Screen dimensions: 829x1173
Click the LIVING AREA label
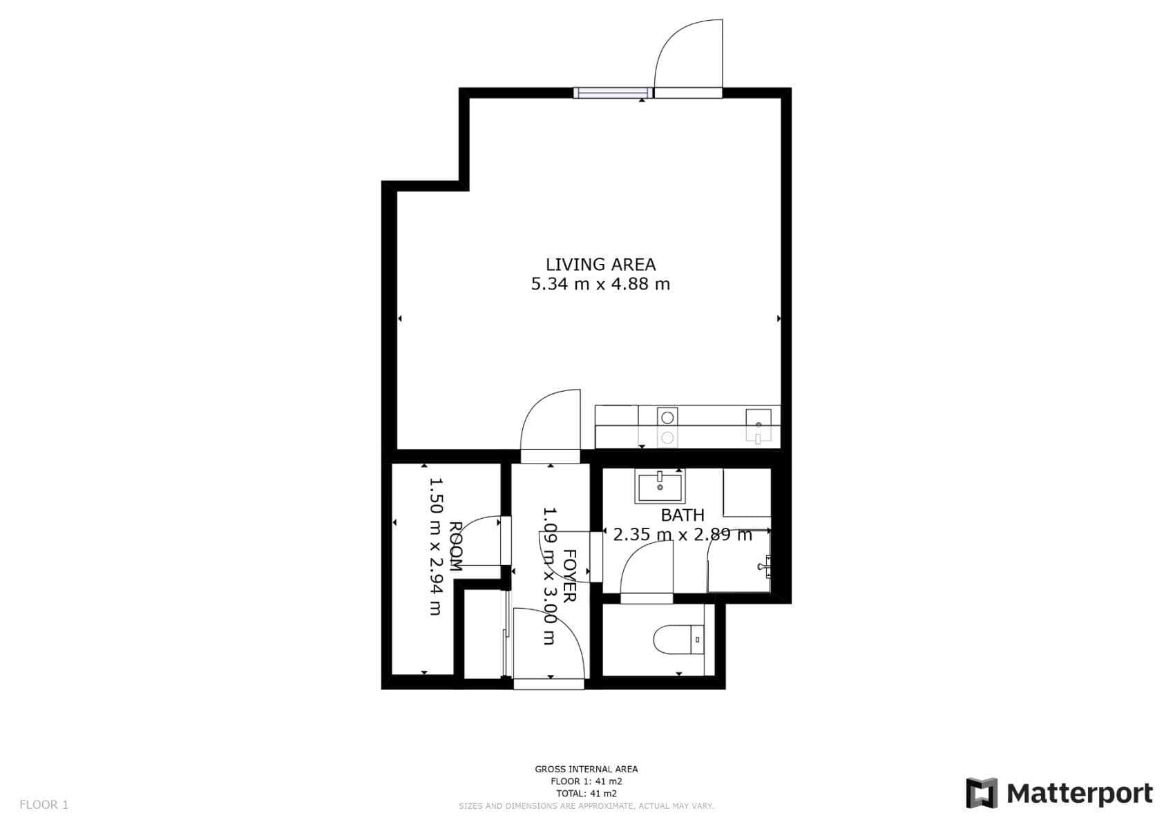tap(600, 265)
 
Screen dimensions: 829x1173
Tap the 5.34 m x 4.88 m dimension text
tap(600, 284)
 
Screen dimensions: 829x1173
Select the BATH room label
tap(683, 515)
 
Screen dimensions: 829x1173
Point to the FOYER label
tap(569, 576)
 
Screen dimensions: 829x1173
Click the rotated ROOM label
tap(455, 546)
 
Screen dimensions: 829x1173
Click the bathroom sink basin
tap(660, 486)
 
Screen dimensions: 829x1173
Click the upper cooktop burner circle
tap(667, 418)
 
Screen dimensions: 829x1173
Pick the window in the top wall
tap(612, 93)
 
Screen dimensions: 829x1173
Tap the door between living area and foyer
tap(551, 427)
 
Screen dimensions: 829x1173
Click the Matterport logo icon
tap(982, 793)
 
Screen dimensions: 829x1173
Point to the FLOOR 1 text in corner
tap(44, 805)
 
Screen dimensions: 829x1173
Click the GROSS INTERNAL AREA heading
tap(586, 769)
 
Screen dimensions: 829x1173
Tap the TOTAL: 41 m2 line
tap(586, 794)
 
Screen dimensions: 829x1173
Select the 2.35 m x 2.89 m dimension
tap(683, 535)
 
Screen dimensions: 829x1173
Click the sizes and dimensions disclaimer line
tap(586, 806)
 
